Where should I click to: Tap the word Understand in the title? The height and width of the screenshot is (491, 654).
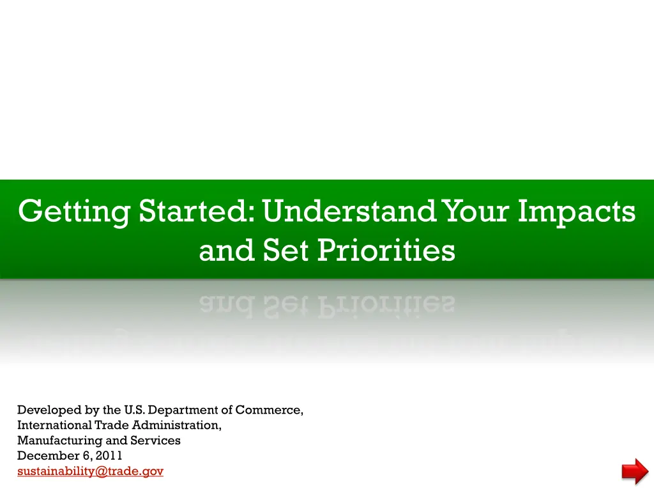pos(349,211)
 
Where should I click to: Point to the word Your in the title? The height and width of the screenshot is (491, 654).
pos(475,211)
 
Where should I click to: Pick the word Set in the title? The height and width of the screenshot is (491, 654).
pos(285,250)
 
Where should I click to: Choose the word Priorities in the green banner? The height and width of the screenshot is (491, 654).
pos(386,250)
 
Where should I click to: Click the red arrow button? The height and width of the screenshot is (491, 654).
pos(635,471)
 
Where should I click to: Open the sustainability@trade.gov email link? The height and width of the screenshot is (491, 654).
pos(90,471)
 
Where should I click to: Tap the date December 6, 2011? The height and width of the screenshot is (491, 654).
pos(70,455)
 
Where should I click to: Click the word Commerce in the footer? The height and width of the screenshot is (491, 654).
pos(269,410)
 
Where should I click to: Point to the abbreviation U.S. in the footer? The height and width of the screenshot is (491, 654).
pos(134,410)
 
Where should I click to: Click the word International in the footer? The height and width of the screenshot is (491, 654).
pos(55,425)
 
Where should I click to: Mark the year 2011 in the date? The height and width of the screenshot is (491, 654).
pos(109,455)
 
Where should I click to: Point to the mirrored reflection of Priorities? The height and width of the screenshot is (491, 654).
pos(386,306)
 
